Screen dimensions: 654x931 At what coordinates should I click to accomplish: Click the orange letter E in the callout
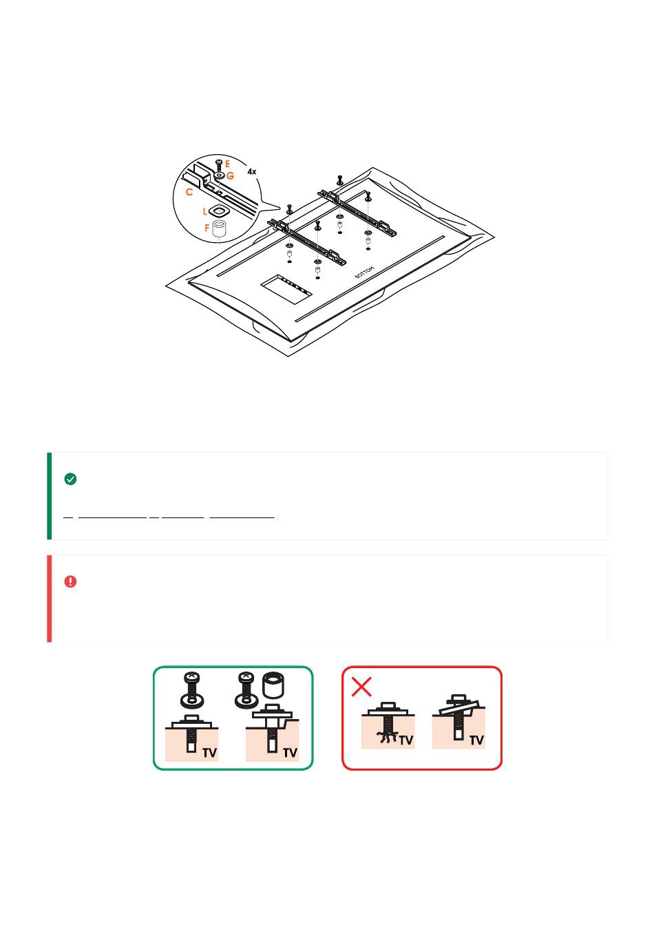click(227, 164)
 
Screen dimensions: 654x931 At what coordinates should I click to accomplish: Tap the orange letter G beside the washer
click(231, 175)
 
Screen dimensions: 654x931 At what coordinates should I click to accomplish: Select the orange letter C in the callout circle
click(189, 192)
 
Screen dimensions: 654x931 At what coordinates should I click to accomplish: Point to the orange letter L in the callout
click(204, 212)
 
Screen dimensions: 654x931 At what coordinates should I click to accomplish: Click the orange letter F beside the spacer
click(207, 228)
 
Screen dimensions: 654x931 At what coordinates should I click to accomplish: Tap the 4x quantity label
click(251, 171)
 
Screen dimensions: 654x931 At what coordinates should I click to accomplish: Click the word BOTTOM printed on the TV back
click(364, 272)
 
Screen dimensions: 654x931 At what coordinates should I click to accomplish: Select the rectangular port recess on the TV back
click(286, 289)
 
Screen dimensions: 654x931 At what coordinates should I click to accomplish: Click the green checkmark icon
click(70, 479)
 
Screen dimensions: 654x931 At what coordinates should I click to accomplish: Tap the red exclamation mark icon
click(70, 581)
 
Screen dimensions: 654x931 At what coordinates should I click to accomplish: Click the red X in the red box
click(361, 686)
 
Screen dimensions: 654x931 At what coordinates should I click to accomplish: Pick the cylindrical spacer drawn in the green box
click(273, 685)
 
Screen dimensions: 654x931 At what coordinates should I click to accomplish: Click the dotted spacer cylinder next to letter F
click(219, 230)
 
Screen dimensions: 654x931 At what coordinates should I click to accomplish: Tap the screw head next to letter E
click(219, 162)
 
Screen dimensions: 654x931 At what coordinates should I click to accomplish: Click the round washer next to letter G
click(220, 175)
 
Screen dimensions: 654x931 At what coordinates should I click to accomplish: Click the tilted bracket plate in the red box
click(459, 707)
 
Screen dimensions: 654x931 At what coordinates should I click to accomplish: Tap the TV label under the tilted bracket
click(476, 740)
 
